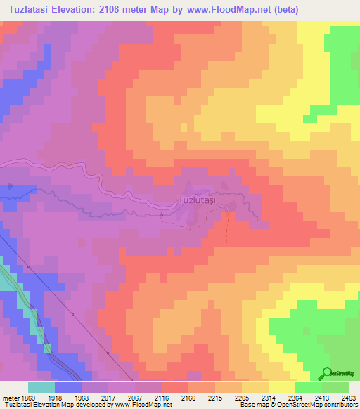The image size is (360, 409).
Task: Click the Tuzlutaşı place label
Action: [x=197, y=201]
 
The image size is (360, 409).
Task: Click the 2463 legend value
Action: [x=347, y=397]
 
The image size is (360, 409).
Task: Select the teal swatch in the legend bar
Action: [x=41, y=387]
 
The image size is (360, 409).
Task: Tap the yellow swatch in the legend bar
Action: [x=281, y=387]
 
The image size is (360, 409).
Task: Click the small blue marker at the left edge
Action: [x=10, y=186]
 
